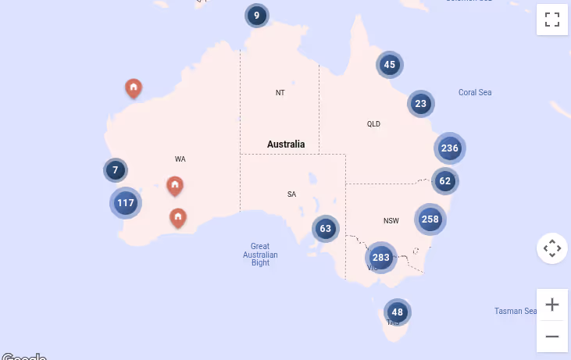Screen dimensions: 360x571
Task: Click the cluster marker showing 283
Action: [380, 258]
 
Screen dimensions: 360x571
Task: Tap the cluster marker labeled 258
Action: [430, 219]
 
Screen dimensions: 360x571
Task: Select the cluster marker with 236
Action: [449, 148]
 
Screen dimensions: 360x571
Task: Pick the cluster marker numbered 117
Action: [126, 203]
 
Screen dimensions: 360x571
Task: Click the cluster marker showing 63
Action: [326, 229]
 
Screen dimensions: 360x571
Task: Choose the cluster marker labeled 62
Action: [445, 181]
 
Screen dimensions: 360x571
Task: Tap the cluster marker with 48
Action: [398, 312]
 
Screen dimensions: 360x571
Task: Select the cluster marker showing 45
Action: [390, 65]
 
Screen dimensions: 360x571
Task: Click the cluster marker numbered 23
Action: [421, 103]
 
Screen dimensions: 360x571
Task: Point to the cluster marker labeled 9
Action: [256, 15]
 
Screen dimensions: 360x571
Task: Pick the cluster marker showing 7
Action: [116, 169]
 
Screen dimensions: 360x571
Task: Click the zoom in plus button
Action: [552, 305]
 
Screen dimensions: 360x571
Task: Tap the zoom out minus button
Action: [552, 336]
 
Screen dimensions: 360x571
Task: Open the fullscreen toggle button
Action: [552, 20]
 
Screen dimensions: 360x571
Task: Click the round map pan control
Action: [552, 249]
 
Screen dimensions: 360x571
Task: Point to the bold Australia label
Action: [286, 144]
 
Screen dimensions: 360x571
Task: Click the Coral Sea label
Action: [475, 92]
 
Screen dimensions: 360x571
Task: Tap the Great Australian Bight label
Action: [260, 255]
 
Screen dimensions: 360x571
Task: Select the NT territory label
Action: [280, 93]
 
